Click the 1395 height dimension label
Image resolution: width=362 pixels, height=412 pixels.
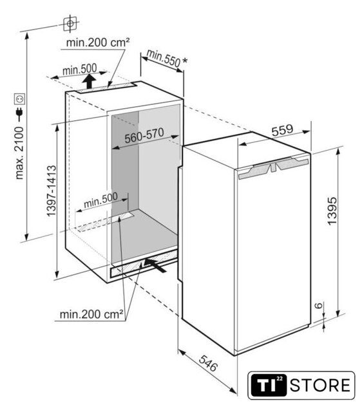point(332,211)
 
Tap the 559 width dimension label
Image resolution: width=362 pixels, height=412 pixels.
point(282,130)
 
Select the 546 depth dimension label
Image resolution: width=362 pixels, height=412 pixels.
point(208,363)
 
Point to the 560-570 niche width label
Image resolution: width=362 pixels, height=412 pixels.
point(144,135)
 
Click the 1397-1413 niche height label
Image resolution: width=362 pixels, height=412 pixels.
point(52,191)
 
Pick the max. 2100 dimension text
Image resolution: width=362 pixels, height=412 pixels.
point(19,153)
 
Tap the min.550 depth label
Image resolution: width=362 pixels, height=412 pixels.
point(163,58)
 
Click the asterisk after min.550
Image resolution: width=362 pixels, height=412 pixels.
point(185,61)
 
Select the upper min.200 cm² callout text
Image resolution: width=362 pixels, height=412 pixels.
point(98,42)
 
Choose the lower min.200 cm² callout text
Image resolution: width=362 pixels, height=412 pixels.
point(91,314)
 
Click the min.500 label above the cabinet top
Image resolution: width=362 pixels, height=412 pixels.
point(80,70)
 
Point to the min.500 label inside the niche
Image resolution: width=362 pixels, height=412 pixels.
point(100,200)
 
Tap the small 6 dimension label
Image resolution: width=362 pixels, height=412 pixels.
point(319,305)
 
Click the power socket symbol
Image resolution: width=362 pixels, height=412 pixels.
point(20,99)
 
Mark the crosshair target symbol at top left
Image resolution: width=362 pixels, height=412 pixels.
point(70,24)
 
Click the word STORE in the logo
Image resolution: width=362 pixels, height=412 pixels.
point(320,385)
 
